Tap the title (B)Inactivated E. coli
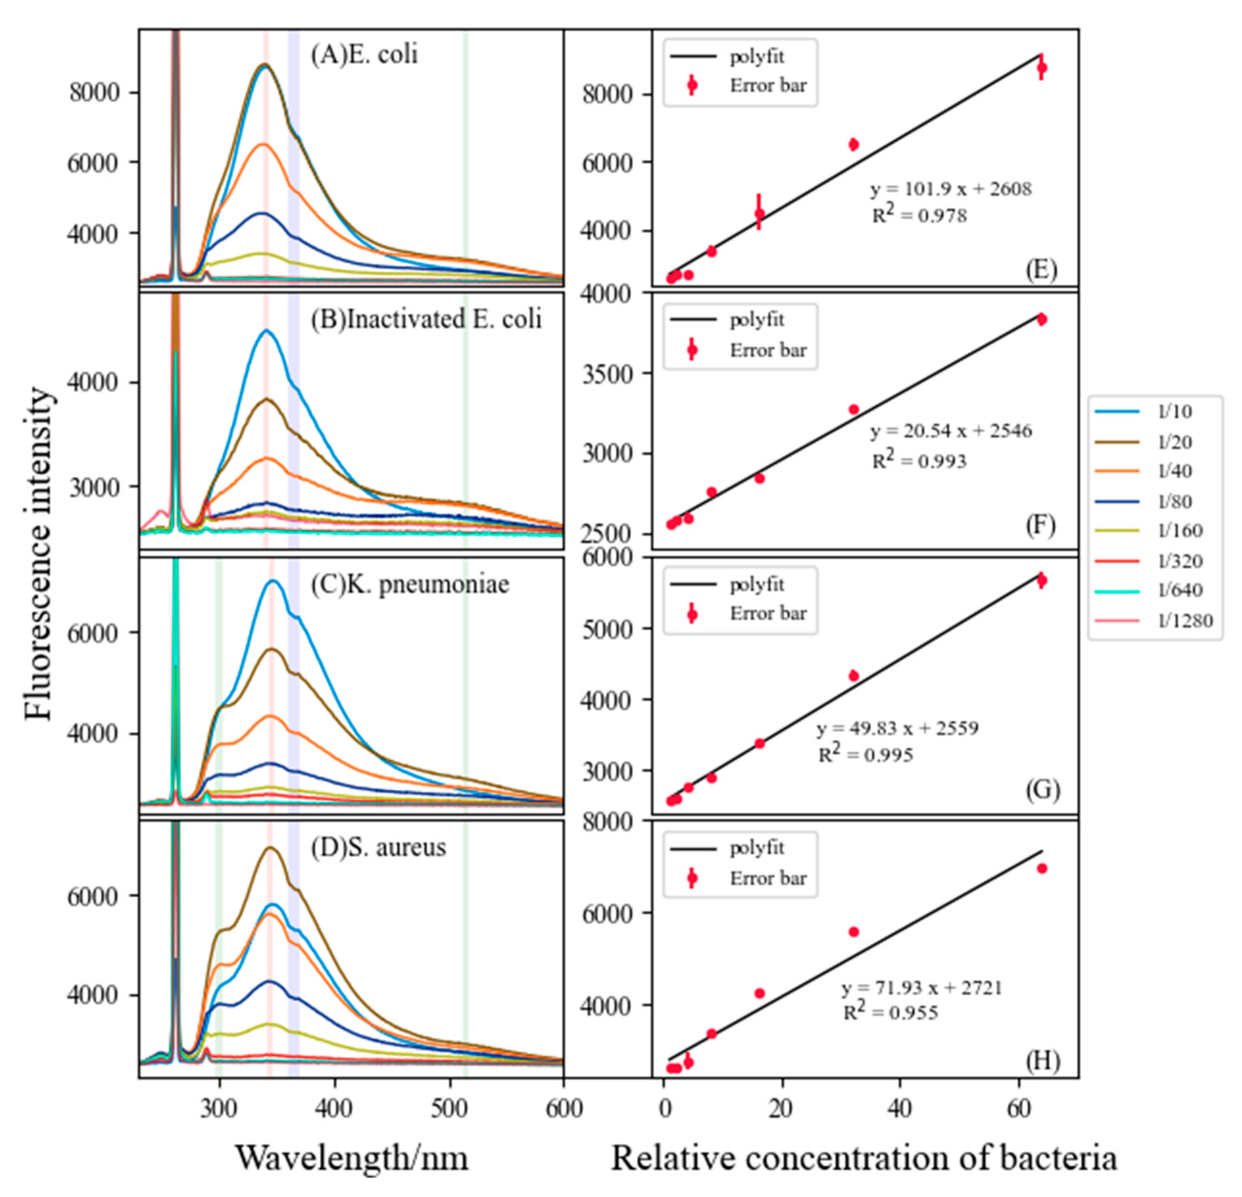[x=426, y=319]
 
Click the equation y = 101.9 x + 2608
[x=950, y=189]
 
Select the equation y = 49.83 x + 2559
[x=897, y=728]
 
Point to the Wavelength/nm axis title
[x=352, y=1158]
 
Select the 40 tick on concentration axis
[x=900, y=1108]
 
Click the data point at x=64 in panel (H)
[x=1042, y=868]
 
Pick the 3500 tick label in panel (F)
[x=608, y=373]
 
